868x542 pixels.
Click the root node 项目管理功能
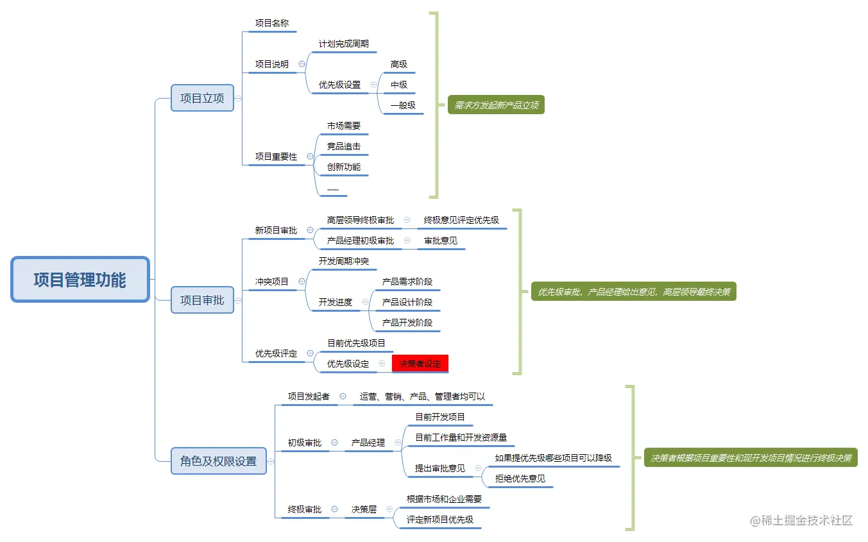coord(80,280)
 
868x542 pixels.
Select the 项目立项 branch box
coord(202,98)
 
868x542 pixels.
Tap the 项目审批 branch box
coord(202,300)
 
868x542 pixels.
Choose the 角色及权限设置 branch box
coord(218,461)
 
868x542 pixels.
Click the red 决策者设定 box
coord(420,364)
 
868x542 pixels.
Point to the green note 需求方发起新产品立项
coord(496,105)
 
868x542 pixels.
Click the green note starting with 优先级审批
coord(633,292)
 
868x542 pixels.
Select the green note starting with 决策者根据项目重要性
coord(751,458)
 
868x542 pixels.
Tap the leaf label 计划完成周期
coord(344,44)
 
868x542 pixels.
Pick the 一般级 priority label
coord(403,105)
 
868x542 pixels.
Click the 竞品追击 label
coord(344,146)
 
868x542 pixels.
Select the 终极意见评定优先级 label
coord(461,220)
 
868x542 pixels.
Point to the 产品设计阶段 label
coord(407,302)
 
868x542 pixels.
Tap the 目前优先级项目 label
coord(357,343)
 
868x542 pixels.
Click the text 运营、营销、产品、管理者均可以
coord(422,396)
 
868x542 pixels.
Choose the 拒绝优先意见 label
coord(520,478)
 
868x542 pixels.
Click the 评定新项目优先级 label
coord(440,520)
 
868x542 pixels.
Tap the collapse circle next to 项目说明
coord(302,64)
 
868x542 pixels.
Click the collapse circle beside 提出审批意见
coord(478,468)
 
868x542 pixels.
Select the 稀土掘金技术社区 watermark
coord(801,520)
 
